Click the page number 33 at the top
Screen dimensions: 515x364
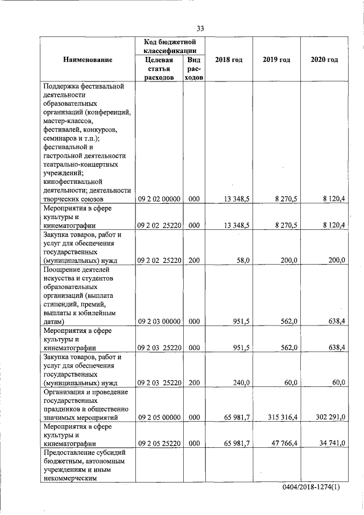[201, 29]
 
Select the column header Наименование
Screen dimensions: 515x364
[88, 60]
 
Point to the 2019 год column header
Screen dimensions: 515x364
[276, 60]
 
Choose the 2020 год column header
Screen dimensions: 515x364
[324, 60]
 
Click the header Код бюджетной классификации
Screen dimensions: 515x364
[169, 46]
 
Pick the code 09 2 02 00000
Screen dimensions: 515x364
[159, 199]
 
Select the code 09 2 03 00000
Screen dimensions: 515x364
[159, 322]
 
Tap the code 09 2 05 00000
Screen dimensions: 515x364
[159, 417]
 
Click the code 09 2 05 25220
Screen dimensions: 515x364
[159, 442]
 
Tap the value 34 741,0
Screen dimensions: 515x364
[333, 442]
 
